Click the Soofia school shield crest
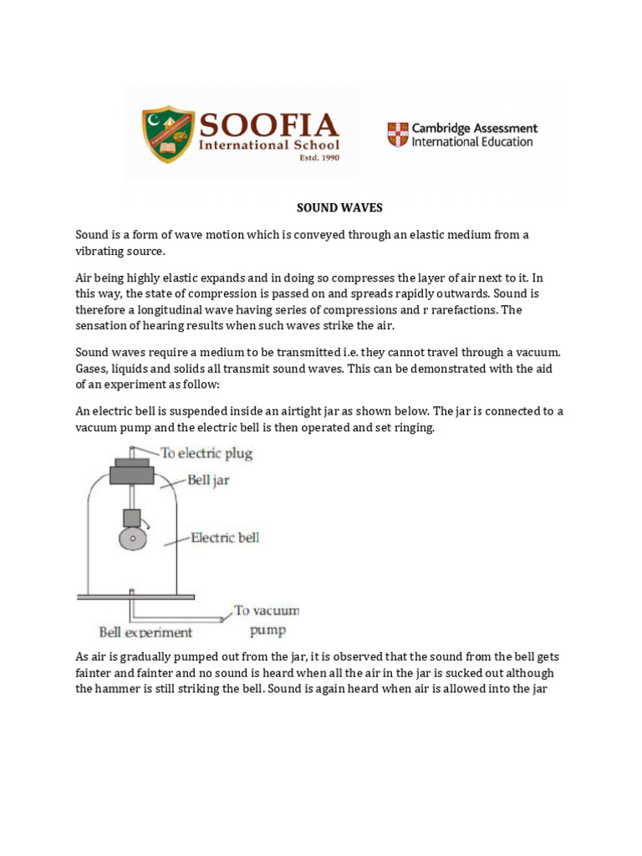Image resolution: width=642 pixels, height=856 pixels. (167, 134)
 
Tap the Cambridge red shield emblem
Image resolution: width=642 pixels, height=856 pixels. (397, 135)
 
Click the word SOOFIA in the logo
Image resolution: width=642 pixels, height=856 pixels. (267, 125)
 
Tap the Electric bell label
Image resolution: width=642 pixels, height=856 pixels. (225, 538)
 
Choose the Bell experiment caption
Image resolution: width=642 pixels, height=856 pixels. (145, 632)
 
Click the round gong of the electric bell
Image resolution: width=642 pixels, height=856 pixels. (132, 539)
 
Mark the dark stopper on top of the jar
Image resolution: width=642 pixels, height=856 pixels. (132, 475)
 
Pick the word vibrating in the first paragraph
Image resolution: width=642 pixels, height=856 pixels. (104, 251)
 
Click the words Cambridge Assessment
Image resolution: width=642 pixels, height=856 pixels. (475, 129)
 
